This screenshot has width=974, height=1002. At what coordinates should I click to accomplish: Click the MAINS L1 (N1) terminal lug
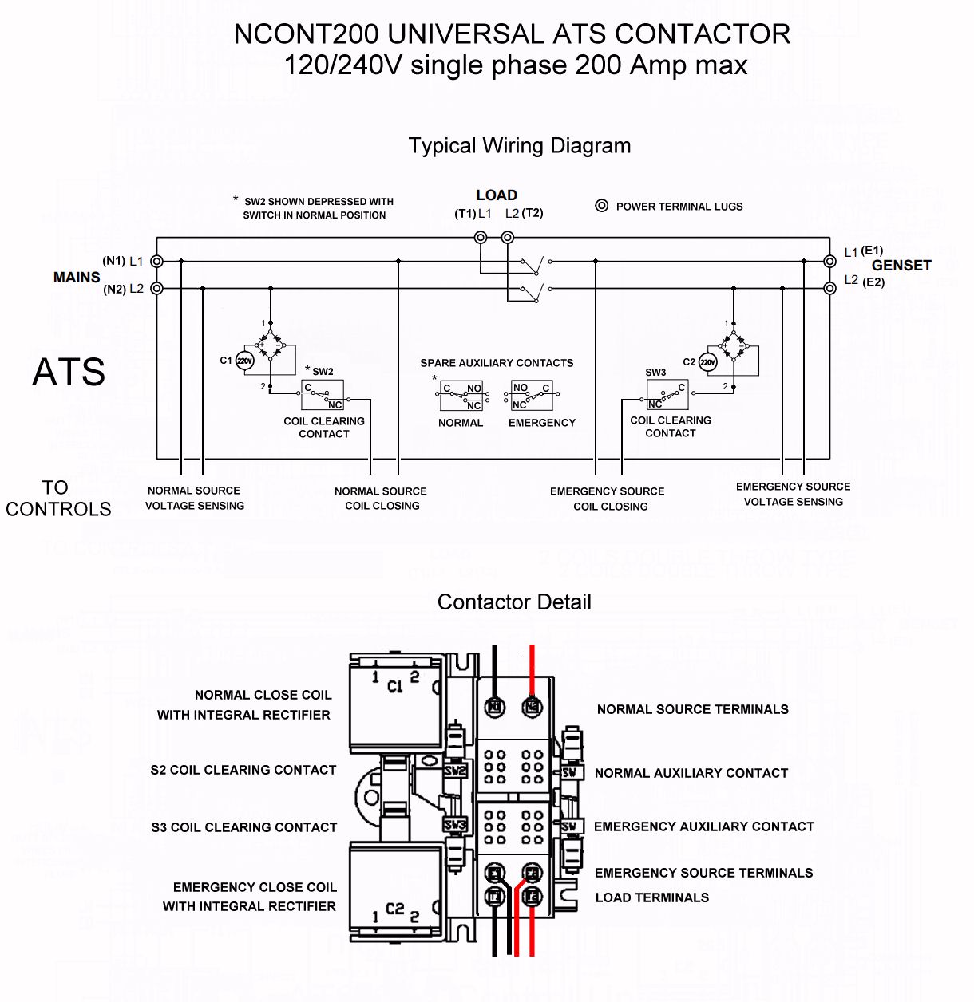tap(157, 262)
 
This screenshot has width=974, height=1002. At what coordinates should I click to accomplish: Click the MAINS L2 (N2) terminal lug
tap(157, 288)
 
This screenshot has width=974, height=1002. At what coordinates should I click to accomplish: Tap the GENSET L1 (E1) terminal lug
tap(829, 262)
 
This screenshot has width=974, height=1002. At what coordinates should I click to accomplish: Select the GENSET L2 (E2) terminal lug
tap(829, 288)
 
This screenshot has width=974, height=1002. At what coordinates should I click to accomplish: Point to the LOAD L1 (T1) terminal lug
tap(481, 237)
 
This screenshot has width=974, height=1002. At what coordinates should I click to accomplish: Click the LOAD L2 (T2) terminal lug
tap(508, 237)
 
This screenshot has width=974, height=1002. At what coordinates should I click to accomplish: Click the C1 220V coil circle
tap(244, 361)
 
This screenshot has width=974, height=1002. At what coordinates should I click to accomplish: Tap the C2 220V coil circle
tap(707, 362)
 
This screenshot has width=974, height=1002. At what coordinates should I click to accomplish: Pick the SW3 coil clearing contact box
tap(667, 394)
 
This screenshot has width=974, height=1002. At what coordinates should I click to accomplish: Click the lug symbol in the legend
tap(602, 206)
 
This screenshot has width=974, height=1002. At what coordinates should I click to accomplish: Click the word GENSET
tap(901, 266)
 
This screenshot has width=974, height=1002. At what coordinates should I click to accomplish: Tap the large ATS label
tap(69, 372)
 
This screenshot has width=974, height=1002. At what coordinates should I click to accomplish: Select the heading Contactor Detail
tap(514, 602)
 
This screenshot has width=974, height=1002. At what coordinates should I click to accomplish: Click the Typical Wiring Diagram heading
tap(520, 146)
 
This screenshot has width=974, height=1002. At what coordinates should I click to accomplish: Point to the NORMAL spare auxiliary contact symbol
tap(462, 396)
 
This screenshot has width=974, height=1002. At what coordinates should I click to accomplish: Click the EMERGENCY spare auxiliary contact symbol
tap(530, 396)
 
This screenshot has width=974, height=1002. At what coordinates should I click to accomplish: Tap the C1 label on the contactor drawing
tap(394, 686)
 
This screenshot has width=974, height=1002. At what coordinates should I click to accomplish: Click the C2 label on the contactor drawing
tap(394, 909)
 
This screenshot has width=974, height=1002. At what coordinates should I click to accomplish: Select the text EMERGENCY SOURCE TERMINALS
tap(703, 873)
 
